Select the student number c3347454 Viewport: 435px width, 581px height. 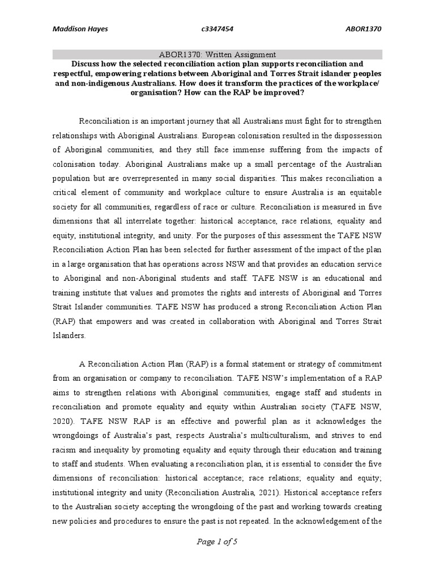(218, 29)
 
